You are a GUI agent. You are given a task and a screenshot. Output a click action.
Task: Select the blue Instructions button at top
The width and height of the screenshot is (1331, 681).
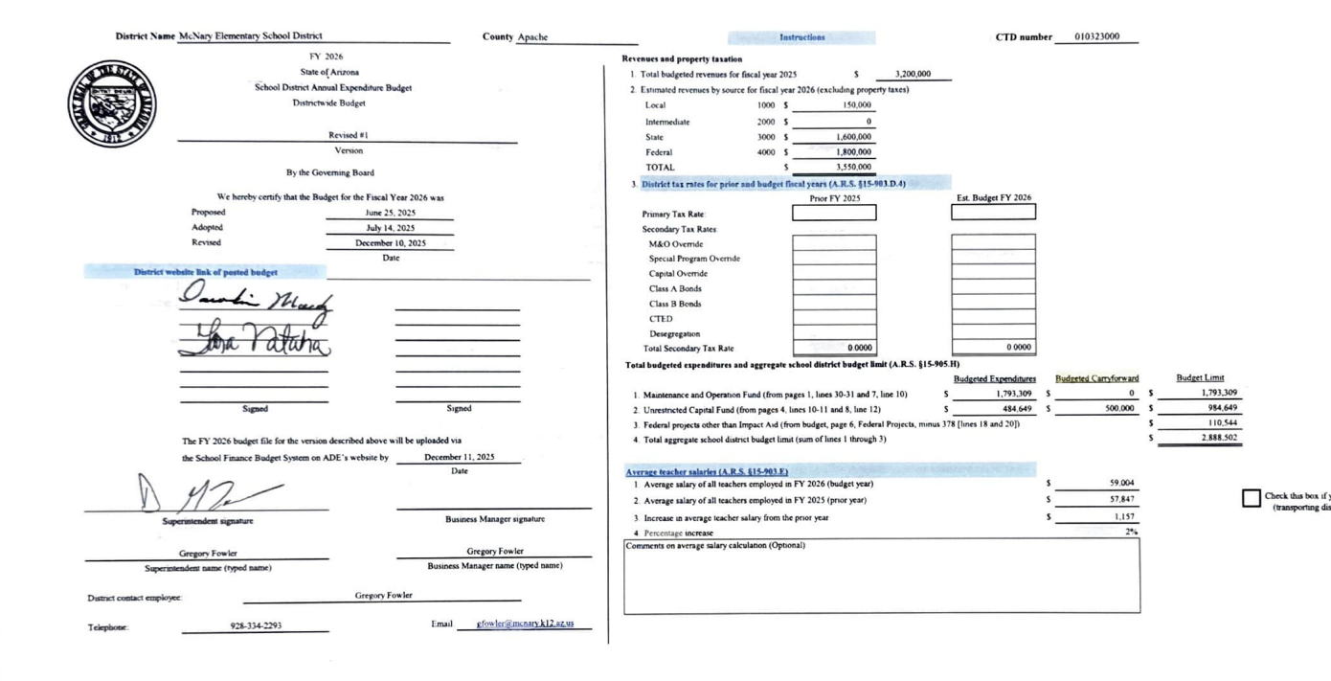(x=801, y=37)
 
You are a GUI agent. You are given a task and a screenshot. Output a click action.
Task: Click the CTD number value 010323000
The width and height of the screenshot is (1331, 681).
(x=1096, y=37)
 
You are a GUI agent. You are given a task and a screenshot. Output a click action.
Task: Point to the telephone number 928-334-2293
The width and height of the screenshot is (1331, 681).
(x=256, y=625)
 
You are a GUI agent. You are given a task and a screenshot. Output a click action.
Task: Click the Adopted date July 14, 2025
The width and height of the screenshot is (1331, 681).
(x=390, y=228)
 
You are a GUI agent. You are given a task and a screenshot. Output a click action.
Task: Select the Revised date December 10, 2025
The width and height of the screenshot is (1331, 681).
(x=390, y=243)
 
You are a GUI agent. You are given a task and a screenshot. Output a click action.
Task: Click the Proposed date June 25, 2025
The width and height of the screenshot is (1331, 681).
(x=390, y=213)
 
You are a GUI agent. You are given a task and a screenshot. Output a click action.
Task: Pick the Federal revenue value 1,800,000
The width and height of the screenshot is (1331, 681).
(x=853, y=152)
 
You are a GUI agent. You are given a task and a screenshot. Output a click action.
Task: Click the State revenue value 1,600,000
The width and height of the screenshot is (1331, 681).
(x=853, y=137)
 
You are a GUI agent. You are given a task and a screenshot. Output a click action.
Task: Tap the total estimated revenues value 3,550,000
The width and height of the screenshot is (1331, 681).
(x=853, y=168)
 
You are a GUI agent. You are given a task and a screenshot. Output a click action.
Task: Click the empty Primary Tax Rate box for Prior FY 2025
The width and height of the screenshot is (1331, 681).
(x=833, y=213)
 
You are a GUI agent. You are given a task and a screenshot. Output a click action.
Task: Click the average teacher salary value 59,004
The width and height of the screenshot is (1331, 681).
(x=1121, y=484)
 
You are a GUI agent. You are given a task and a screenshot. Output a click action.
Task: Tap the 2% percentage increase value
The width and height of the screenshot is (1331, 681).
(x=1131, y=532)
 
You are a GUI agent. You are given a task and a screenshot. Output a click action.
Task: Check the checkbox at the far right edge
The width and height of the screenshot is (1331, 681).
(x=1251, y=498)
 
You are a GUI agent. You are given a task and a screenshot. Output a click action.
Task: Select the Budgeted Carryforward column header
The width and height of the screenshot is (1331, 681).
(x=1096, y=378)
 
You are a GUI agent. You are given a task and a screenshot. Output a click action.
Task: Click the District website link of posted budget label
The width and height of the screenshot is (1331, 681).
(x=206, y=272)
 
